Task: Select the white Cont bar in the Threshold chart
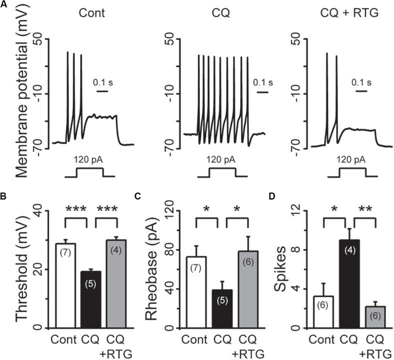69,285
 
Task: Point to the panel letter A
5,5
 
